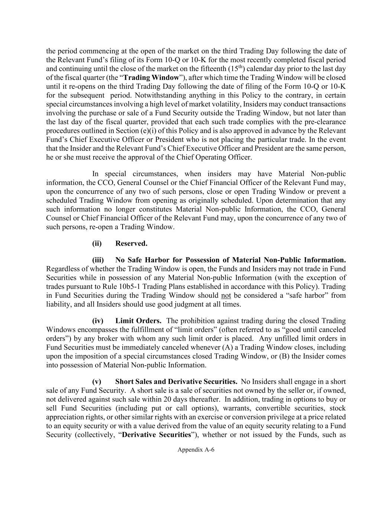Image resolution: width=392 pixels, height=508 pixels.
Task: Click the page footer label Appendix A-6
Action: pos(196,450)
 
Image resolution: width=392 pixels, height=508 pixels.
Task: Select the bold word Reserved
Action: pos(131,243)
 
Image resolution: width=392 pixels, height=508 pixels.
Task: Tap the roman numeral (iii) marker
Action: pos(98,260)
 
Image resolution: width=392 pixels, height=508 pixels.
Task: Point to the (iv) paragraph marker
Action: pos(98,320)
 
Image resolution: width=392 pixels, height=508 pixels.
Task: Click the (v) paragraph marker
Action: pos(97,381)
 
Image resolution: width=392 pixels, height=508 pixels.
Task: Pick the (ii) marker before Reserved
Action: pos(97,243)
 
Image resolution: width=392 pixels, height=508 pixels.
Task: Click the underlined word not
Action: pos(226,295)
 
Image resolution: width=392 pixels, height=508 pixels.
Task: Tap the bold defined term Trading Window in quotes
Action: pos(151,77)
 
